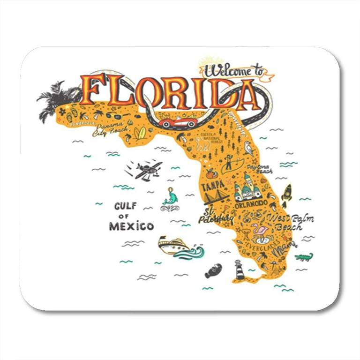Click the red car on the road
(177, 122)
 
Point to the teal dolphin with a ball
(170, 197)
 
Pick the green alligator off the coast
(304, 257)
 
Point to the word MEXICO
(131, 226)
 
